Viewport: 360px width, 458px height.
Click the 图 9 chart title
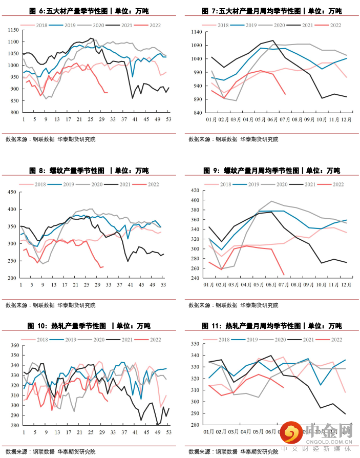271,171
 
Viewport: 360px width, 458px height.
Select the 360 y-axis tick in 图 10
12,345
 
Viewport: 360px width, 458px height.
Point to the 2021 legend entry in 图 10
128,339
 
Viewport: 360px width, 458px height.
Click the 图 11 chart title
271,326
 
